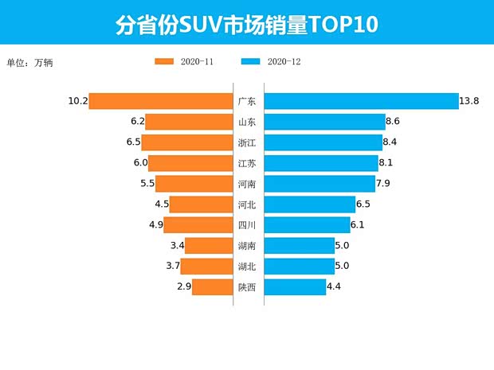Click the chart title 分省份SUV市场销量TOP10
(246, 24)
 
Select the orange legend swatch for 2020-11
(164, 61)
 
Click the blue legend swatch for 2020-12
(251, 61)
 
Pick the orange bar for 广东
(160, 101)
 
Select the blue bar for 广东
(361, 101)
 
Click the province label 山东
(247, 122)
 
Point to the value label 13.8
(469, 101)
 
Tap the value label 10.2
(77, 101)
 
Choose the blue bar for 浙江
(323, 142)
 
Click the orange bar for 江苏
(190, 163)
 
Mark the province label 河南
(247, 184)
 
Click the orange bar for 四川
(198, 225)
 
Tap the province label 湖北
(247, 267)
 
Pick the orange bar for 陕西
(211, 287)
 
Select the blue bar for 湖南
(299, 246)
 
